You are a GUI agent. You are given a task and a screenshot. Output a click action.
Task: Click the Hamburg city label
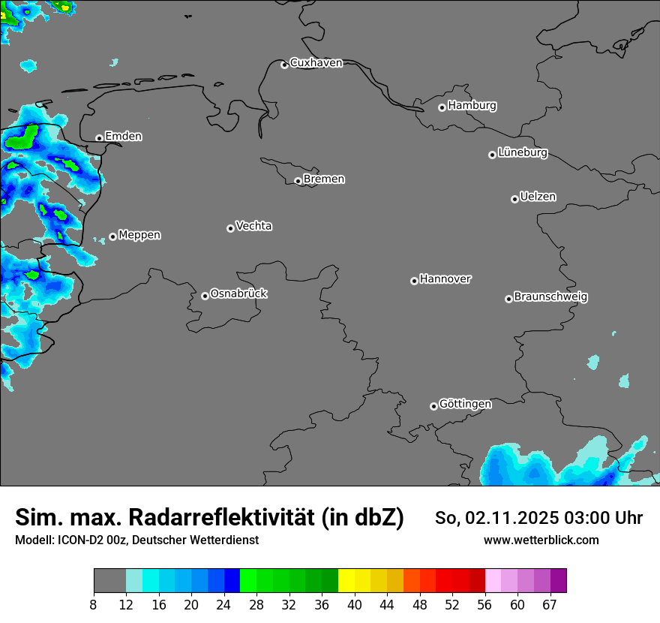coord(472,106)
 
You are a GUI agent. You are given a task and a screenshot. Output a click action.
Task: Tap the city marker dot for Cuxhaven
coord(284,65)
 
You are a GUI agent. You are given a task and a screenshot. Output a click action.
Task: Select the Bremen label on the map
coord(324,179)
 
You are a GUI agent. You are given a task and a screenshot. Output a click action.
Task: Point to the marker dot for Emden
coord(99,138)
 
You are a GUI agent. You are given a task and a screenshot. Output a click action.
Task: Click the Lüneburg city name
coord(522,153)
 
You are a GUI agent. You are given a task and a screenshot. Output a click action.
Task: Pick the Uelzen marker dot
coord(514,199)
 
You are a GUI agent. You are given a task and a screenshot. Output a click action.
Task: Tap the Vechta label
coord(253,226)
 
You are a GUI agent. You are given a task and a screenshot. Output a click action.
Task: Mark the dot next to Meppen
coord(112,236)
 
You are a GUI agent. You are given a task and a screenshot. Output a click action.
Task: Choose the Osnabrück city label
coord(238,293)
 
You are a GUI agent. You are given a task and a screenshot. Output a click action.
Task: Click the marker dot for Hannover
coord(414,281)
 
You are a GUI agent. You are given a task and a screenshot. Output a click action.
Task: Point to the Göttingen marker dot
coord(433,406)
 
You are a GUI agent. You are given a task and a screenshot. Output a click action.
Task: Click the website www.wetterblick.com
coord(541,540)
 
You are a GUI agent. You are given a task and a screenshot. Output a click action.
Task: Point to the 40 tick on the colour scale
coord(354,605)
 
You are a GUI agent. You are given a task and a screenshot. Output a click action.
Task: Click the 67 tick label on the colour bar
coord(550,605)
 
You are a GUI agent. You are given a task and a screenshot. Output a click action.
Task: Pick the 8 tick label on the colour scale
coord(94,605)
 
